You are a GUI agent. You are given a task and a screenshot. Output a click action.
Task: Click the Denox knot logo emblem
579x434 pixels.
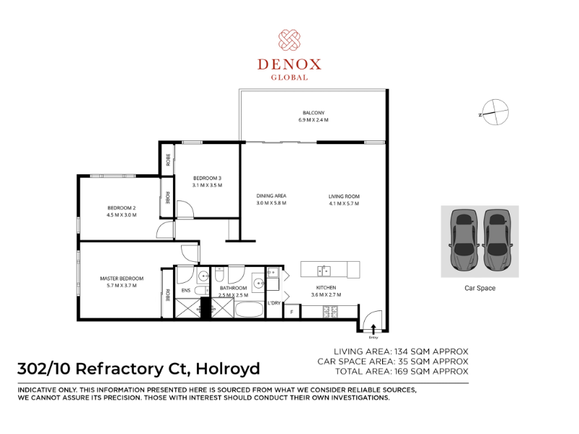tap(289, 40)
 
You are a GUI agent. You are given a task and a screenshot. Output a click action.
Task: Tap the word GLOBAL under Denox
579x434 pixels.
tap(289, 77)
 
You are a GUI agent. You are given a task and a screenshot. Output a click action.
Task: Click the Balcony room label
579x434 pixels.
tap(313, 113)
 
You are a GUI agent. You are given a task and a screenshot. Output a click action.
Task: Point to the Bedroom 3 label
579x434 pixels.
tap(207, 178)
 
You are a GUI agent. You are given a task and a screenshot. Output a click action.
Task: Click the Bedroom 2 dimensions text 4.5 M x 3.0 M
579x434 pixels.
tap(122, 215)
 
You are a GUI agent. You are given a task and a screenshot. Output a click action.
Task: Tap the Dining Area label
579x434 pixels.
tap(271, 195)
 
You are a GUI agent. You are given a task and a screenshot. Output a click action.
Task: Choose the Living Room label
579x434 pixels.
tap(344, 196)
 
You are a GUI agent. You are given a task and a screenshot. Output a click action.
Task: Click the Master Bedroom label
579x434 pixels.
tap(122, 278)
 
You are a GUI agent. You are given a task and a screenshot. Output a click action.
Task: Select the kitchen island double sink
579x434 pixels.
tap(324, 271)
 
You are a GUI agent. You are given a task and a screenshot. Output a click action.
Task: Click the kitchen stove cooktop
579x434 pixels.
tap(331, 312)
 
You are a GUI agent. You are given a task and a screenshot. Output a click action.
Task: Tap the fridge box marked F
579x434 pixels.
tap(292, 312)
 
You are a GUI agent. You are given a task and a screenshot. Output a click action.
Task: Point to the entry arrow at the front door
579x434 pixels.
tap(373, 329)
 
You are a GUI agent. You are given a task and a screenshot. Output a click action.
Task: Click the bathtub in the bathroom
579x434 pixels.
tap(249, 310)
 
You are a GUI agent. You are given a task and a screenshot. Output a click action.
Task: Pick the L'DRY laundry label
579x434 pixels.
tap(274, 303)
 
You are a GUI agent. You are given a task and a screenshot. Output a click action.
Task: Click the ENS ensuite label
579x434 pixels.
tap(186, 291)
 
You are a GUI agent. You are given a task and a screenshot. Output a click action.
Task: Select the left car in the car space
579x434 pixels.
tap(464, 239)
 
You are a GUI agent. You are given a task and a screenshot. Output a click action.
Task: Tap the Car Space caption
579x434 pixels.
tap(480, 288)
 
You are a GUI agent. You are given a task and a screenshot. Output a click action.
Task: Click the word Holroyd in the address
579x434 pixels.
tap(228, 369)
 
